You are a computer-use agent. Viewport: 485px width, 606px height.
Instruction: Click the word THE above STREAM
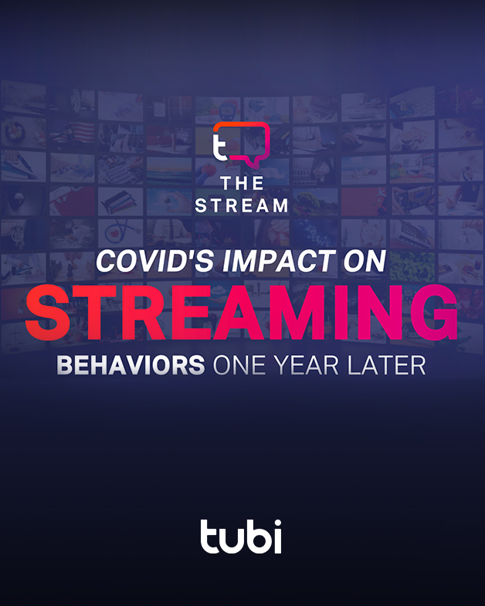242,183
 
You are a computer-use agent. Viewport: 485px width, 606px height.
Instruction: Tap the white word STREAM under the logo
242,205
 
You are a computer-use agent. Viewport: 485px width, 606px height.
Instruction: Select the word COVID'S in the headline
155,260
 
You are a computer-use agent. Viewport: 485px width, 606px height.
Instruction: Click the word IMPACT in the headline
279,260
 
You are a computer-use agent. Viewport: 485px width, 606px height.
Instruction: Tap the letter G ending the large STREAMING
434,313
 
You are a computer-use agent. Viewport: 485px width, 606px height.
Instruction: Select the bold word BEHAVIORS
131,365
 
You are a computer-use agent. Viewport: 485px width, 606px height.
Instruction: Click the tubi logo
241,537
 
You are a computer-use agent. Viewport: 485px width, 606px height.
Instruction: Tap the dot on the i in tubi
276,524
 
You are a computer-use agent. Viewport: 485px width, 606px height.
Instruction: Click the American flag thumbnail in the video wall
72,131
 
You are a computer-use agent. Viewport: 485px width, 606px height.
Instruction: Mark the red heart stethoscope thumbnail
120,233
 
